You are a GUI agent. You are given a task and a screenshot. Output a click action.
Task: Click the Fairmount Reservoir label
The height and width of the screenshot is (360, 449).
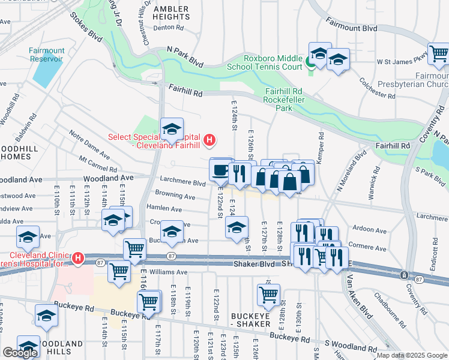(46, 55)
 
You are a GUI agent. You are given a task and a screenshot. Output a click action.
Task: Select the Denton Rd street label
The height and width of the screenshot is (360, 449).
(168, 28)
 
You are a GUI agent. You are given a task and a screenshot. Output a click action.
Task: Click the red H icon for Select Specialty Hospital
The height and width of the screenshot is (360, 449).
(209, 140)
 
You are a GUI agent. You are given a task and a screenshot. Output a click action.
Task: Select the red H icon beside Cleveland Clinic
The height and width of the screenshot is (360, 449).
(77, 259)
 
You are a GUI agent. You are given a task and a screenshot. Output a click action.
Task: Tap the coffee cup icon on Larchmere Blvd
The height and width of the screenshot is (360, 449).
(220, 170)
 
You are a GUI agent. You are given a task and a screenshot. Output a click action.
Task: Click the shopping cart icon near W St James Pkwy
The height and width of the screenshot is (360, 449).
(439, 54)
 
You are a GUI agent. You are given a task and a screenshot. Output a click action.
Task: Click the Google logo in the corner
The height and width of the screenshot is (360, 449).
(20, 353)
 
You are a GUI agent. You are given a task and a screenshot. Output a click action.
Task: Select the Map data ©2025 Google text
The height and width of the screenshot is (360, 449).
(411, 355)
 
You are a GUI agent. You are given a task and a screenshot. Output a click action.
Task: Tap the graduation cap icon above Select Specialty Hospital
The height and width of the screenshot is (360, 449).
(172, 128)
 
